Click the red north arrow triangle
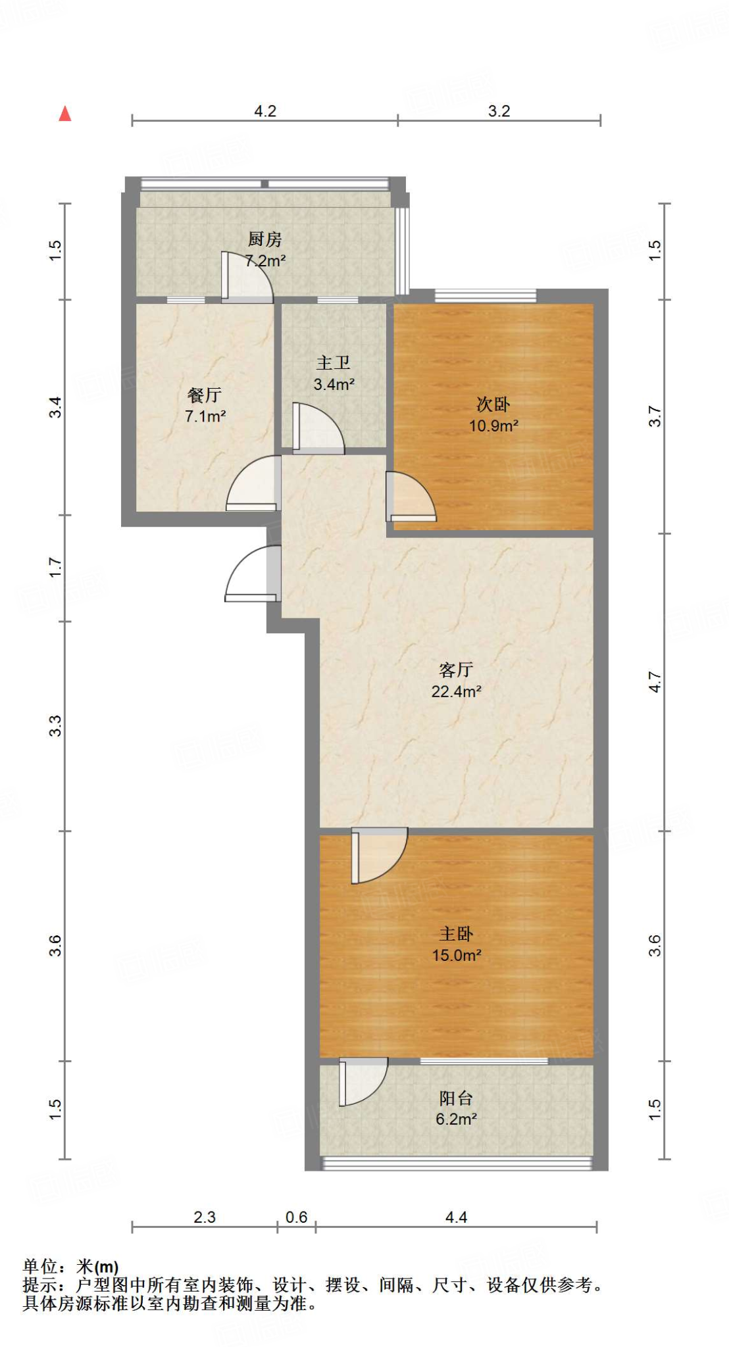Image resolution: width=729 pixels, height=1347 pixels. pos(65,114)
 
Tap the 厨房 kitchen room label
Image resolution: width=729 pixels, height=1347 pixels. pos(264,239)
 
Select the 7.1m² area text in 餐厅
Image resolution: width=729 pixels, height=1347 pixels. pos(205,416)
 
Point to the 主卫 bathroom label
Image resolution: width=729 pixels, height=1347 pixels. pos(334,362)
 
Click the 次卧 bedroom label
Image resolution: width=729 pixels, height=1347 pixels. pos(493,404)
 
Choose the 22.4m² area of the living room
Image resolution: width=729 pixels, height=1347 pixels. pos(456,691)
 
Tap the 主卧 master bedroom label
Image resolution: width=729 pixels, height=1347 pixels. pos(456,934)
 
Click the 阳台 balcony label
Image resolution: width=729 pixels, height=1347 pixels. pos(456,1098)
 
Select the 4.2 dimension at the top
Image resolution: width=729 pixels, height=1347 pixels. pos(265,111)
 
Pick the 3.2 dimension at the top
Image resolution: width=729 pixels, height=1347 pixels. pos(499,111)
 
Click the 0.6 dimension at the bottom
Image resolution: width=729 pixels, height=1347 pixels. pos(296,1217)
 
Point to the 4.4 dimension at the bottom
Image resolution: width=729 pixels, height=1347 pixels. pos(456,1217)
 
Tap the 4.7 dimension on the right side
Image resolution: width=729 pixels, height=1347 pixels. pos(655,681)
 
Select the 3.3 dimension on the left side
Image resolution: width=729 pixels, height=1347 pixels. pos(56,725)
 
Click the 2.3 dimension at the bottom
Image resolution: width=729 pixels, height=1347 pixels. pos(204,1217)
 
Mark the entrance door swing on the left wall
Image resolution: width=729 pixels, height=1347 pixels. pos(251,576)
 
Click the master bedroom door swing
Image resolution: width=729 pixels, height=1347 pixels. pos(378,855)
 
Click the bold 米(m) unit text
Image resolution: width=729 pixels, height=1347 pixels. pos(97,1266)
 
